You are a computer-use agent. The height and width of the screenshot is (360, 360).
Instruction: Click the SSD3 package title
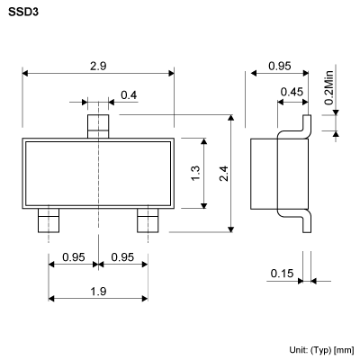coord(21,14)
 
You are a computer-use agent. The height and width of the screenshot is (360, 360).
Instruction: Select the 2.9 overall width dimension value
coord(97,67)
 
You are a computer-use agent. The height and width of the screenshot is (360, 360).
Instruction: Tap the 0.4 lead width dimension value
coord(129,95)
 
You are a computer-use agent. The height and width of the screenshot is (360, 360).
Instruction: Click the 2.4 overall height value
coord(222,173)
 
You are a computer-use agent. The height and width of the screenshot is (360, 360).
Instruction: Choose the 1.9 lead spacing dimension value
coord(97,291)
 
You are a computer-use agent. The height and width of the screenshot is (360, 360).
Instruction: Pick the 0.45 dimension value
coord(290,92)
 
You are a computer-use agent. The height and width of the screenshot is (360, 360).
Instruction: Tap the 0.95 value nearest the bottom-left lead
coord(74,258)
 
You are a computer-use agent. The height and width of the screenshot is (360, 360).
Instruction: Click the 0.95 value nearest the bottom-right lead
coord(123,258)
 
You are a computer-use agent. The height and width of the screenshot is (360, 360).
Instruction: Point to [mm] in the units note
coord(344,348)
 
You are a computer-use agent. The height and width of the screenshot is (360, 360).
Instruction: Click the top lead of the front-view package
coord(97,124)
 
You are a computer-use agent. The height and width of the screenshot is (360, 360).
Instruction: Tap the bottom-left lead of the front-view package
coord(48,220)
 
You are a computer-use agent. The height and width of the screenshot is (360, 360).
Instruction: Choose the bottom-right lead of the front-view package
coord(147,220)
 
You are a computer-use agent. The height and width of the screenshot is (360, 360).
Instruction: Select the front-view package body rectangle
coord(97,174)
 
